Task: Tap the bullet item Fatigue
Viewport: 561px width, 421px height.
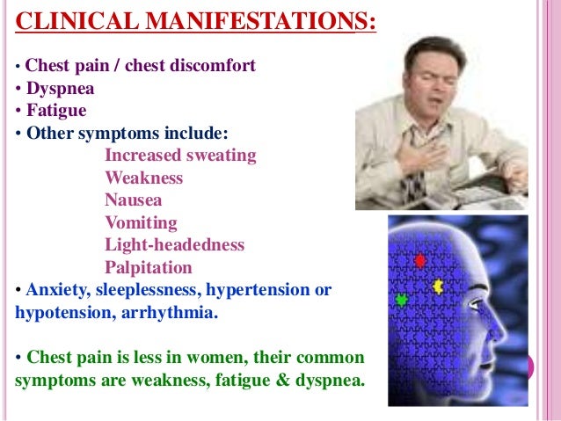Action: pyautogui.click(x=56, y=112)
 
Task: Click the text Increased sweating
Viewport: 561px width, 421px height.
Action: pyautogui.click(x=180, y=156)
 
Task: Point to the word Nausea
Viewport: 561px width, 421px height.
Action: pyautogui.click(x=134, y=200)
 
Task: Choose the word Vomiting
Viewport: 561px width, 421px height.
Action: pyautogui.click(x=141, y=222)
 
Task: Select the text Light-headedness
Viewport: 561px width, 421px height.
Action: pyautogui.click(x=174, y=244)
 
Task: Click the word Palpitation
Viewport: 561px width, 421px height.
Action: pyautogui.click(x=148, y=266)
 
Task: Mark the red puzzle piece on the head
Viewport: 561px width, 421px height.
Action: pyautogui.click(x=419, y=260)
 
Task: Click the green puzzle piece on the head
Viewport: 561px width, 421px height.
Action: pyautogui.click(x=402, y=299)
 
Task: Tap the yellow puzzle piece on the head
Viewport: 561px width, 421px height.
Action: pyautogui.click(x=438, y=286)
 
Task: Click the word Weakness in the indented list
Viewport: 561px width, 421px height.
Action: pyautogui.click(x=144, y=178)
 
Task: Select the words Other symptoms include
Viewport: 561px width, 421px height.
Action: pyautogui.click(x=127, y=134)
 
